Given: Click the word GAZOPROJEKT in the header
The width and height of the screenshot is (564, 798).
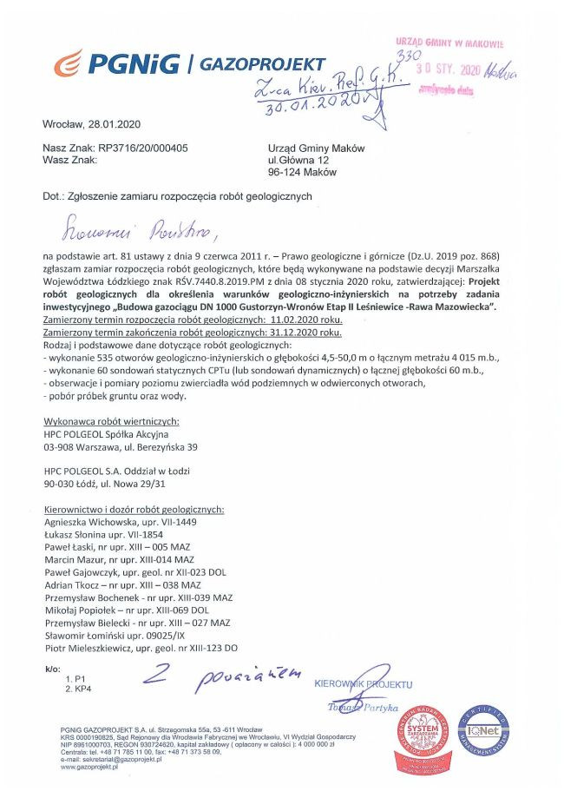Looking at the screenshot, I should pos(262,64).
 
